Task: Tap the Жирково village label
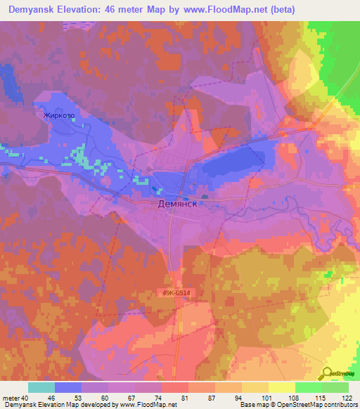point(59,115)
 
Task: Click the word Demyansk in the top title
point(34,8)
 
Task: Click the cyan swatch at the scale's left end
point(41,387)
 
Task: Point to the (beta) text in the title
point(279,8)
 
